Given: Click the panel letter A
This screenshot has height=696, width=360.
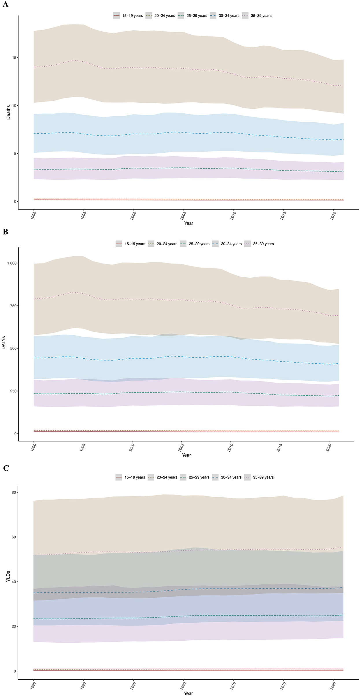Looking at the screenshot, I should coord(5,4).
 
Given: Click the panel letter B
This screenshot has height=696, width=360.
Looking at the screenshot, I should coord(5,232).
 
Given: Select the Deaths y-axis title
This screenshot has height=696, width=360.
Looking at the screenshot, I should coord(8,112).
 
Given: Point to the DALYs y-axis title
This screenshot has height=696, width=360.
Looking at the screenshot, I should coord(4,343).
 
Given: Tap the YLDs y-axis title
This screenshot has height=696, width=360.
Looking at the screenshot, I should coord(8,576).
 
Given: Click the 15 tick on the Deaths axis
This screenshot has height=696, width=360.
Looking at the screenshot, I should coord(14,58).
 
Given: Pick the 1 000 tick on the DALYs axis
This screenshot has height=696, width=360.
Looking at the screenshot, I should coord(12,263).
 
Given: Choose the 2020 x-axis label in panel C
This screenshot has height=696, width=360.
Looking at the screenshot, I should coord(333,686).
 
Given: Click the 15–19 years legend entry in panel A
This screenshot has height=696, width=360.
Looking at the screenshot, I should coord(128,16).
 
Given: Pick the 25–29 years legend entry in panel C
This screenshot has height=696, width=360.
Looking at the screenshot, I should coord(195,477).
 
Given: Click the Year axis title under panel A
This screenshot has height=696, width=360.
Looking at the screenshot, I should coord(189,223).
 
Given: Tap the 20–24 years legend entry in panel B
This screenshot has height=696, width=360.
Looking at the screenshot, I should coord(163,244).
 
